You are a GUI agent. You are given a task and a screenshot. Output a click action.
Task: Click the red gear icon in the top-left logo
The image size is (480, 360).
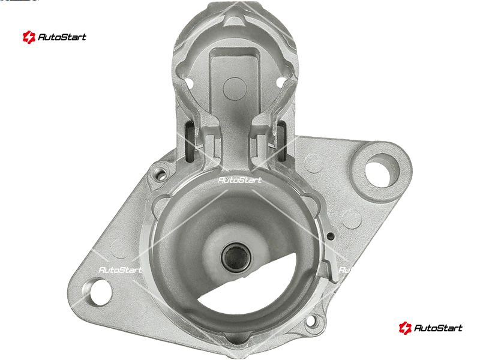29,37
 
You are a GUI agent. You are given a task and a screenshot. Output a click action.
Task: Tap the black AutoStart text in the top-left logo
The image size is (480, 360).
62,37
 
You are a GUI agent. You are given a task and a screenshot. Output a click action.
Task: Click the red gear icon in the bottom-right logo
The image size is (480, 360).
405,328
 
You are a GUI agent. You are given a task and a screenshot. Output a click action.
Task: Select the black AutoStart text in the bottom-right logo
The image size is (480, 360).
439,328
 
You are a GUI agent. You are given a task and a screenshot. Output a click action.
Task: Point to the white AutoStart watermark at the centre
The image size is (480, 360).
240,180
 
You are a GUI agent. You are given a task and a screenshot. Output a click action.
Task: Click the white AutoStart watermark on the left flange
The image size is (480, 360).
121,269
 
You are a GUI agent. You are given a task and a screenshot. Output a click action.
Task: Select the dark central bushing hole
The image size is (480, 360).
235,257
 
